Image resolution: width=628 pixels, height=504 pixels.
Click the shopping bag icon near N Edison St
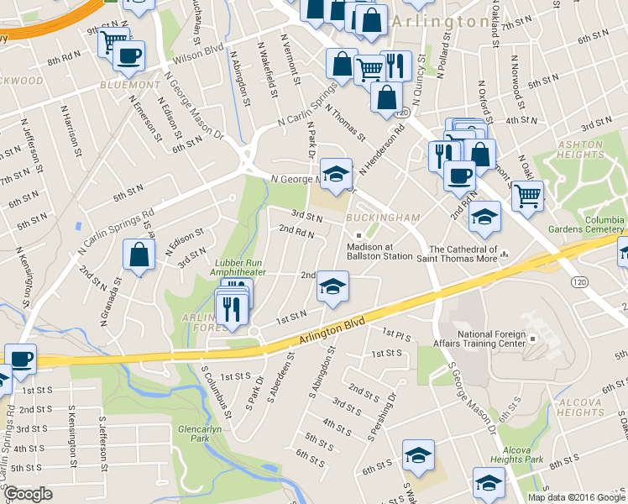(x=139, y=255)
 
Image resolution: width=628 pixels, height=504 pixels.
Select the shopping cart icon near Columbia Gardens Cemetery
(x=527, y=197)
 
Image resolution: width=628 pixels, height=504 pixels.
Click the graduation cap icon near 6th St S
(x=418, y=455)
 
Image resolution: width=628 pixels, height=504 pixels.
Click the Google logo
(x=28, y=494)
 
